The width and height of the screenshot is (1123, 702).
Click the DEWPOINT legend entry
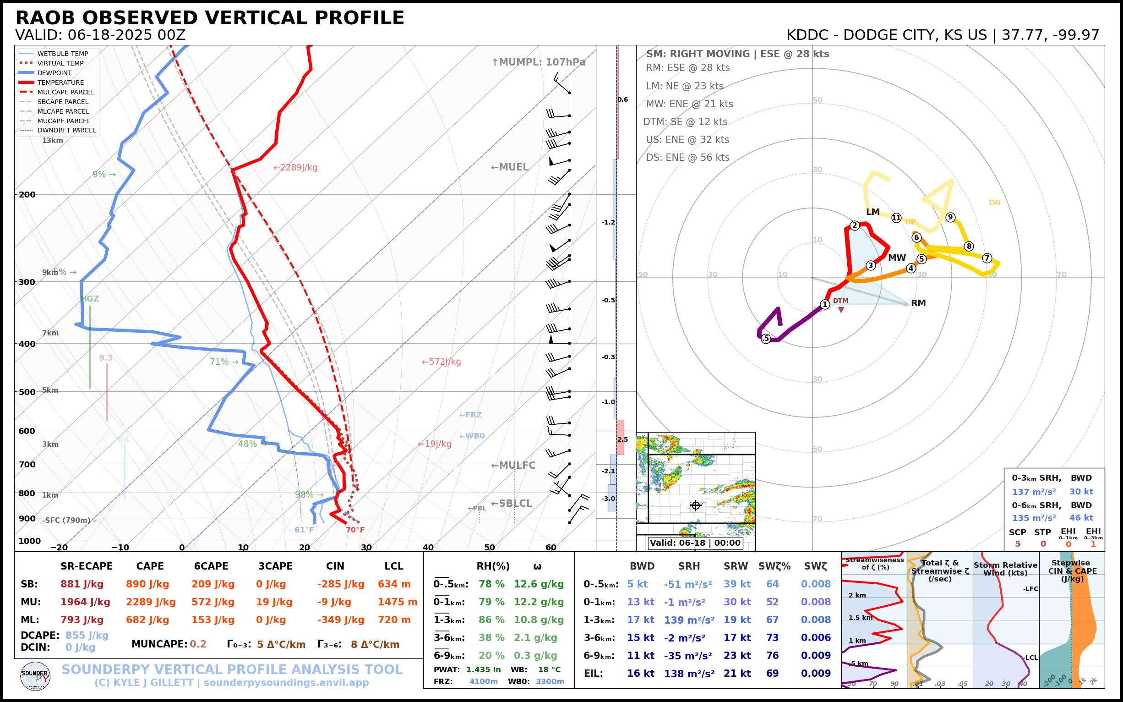[55, 73]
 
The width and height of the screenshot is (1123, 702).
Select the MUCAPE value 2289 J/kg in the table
[150, 602]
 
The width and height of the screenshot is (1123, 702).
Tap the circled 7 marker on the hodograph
[987, 258]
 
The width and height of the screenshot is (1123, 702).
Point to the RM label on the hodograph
[918, 303]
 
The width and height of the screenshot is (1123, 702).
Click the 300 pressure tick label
[27, 282]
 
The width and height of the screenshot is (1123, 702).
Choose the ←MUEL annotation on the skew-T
[510, 167]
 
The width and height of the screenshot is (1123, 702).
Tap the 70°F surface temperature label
[355, 530]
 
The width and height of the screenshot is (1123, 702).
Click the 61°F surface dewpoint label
[304, 530]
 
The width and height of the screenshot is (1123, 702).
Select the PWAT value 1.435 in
[483, 669]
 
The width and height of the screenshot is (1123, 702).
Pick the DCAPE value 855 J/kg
[87, 635]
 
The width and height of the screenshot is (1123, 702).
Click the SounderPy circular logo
[35, 676]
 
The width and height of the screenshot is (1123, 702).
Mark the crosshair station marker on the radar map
[695, 505]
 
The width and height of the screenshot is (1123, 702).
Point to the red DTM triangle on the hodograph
[841, 310]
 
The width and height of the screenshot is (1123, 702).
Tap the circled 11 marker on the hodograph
[896, 218]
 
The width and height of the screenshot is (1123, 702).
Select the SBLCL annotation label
[512, 504]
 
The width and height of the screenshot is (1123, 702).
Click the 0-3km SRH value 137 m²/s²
[1033, 492]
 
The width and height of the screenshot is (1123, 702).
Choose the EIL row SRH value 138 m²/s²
[689, 674]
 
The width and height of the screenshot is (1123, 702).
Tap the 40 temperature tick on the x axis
[428, 548]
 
